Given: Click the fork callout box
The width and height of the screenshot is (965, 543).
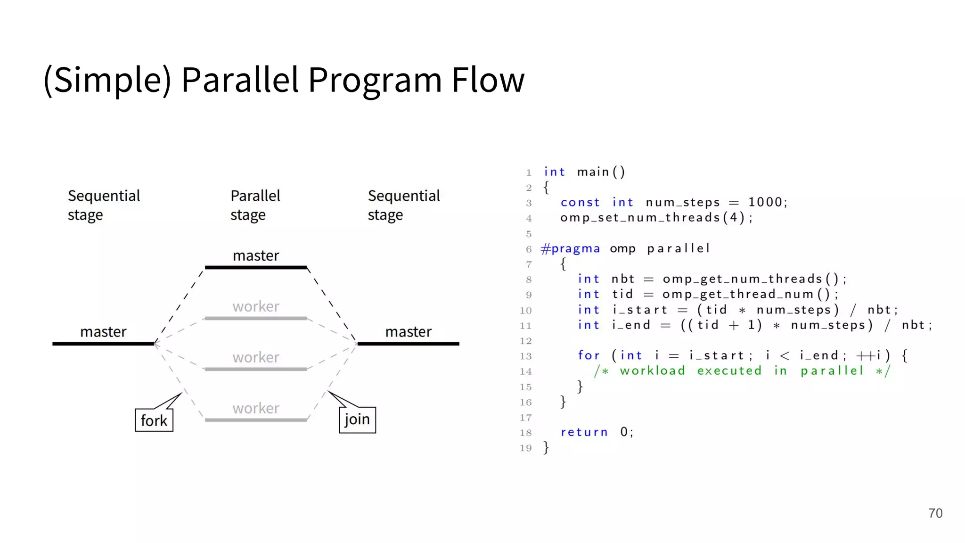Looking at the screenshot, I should (154, 420).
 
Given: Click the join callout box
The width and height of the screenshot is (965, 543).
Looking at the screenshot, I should (357, 419).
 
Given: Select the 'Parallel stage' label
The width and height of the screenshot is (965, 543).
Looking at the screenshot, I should (255, 205).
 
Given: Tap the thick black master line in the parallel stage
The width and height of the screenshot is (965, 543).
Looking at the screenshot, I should (256, 267).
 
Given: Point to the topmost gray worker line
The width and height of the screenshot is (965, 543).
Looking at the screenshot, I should (256, 319).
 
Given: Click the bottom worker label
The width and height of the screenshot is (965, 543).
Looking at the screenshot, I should (256, 408).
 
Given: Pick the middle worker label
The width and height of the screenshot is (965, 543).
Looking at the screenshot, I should (256, 357).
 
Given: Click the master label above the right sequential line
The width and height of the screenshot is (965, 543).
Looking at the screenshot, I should (408, 331).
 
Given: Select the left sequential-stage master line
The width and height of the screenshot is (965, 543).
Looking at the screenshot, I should (103, 344).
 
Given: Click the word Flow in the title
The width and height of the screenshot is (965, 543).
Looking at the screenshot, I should (488, 79).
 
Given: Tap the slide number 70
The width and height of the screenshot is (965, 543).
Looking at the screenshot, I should (935, 513).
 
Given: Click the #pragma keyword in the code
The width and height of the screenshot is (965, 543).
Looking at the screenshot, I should (571, 248).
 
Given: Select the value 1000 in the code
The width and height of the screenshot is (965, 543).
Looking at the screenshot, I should (765, 202).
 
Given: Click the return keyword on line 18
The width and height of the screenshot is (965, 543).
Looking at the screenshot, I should (584, 432).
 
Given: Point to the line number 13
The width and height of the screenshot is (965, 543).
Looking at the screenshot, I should (525, 356).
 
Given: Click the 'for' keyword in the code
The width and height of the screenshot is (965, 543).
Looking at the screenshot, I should (589, 355).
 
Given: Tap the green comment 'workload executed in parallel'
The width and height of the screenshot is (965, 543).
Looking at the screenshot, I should (742, 370).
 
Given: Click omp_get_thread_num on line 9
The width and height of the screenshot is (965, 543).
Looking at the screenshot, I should (738, 294).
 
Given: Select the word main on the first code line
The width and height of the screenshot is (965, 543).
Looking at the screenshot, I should (593, 172).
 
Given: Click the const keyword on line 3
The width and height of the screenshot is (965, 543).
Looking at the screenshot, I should (580, 202).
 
